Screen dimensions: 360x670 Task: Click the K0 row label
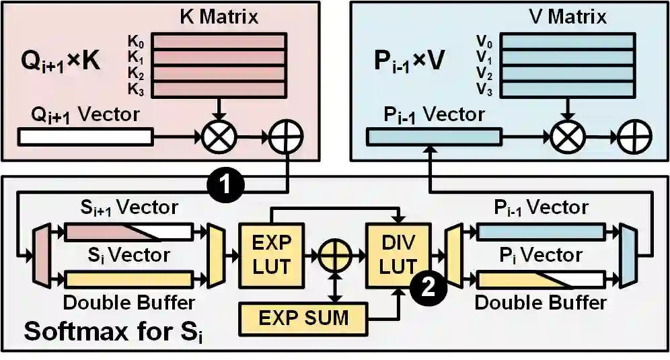pyautogui.click(x=135, y=42)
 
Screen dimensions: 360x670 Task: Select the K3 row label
pyautogui.click(x=135, y=87)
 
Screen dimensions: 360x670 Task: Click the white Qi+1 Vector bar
pyautogui.click(x=85, y=137)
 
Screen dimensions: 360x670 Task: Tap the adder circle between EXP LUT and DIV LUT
pyautogui.click(x=334, y=256)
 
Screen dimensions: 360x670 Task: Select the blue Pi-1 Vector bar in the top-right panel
pyautogui.click(x=433, y=137)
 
